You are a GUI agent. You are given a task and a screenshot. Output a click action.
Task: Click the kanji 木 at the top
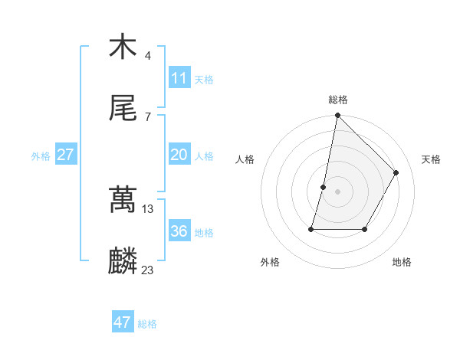(x=123, y=47)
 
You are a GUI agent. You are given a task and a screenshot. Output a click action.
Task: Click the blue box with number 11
(x=179, y=78)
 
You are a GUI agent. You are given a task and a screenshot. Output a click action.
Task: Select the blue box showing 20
(x=179, y=155)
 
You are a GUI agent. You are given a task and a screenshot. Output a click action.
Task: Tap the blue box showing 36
(x=179, y=231)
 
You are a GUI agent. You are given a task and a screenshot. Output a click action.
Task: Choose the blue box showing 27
(x=65, y=155)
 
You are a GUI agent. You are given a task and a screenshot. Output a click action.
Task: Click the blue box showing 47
(x=122, y=322)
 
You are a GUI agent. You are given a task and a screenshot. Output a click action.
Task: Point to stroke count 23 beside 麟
(x=148, y=270)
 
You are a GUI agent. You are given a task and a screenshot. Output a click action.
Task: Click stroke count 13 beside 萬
(x=148, y=208)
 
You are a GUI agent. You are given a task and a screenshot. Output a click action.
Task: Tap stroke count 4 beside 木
(x=148, y=55)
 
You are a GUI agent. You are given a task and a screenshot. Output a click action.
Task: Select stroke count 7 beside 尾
(x=148, y=116)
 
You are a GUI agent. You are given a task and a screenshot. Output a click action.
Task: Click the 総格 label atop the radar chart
(x=338, y=100)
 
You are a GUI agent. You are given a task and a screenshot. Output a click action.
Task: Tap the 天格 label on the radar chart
(x=431, y=159)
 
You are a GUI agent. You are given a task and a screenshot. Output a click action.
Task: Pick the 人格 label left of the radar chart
(x=245, y=159)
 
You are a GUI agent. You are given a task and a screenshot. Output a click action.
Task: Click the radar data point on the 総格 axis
(x=337, y=115)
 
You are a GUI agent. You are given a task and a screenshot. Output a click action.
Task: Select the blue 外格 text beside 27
(x=41, y=156)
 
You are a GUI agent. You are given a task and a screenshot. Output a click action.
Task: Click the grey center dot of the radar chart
(x=337, y=191)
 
